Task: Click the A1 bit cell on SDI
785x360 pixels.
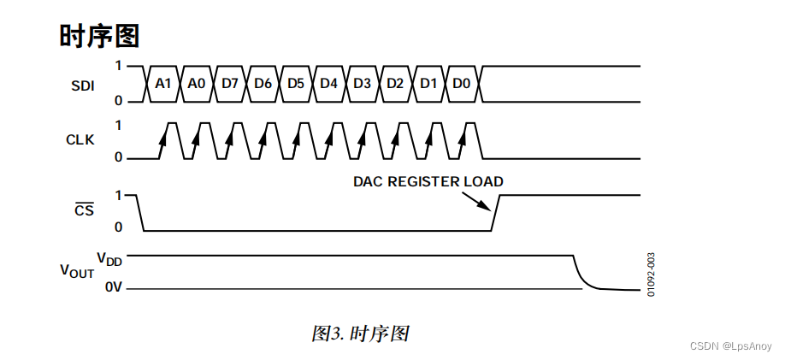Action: (163, 84)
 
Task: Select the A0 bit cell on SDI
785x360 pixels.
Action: (197, 84)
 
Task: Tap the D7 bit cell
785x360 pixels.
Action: (230, 84)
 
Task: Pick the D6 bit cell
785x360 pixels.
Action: (263, 84)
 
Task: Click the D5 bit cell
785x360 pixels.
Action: (296, 84)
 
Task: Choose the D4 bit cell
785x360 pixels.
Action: (329, 84)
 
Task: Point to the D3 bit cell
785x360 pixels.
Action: (362, 84)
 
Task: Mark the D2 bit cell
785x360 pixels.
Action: (395, 84)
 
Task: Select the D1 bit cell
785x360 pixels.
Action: (428, 84)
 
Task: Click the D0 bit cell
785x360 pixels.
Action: (462, 84)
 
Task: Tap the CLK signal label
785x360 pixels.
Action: (80, 139)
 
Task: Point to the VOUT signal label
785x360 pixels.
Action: (77, 271)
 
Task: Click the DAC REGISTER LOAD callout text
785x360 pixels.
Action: (428, 181)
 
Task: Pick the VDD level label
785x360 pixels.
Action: (109, 258)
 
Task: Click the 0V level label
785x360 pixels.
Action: (114, 288)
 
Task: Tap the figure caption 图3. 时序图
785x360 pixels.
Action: (360, 333)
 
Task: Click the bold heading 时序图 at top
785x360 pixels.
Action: (99, 36)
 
